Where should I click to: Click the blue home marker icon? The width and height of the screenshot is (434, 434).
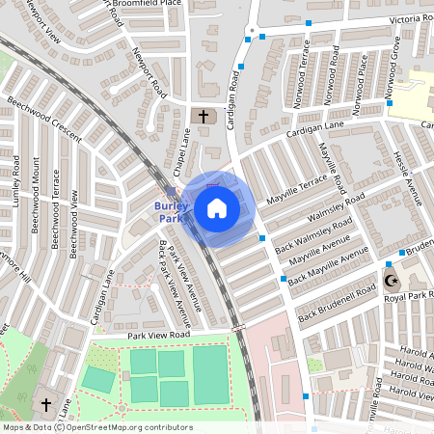pos(217,208)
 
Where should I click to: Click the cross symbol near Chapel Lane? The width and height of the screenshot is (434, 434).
pos(203,117)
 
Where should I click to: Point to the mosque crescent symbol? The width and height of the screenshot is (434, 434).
pos(391,281)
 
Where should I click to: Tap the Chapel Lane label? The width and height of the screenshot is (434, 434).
pos(178,157)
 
